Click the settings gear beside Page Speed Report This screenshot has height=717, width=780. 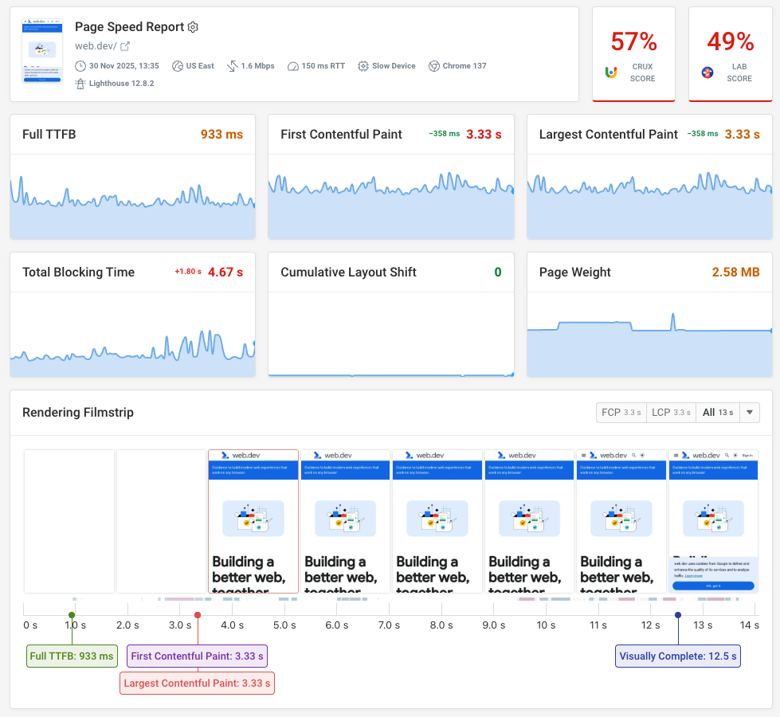coord(193,27)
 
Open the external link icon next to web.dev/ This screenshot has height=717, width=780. coord(125,47)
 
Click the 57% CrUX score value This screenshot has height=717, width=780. coord(633,41)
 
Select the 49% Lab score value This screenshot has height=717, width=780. coord(730,41)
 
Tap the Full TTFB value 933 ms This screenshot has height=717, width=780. coord(221,135)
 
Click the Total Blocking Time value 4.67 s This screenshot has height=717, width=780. coord(225,272)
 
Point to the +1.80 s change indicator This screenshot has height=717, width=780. coord(188,272)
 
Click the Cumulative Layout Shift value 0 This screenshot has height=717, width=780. coord(498,272)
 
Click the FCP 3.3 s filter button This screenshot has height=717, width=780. coord(621,413)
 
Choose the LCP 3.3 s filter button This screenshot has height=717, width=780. coord(671,413)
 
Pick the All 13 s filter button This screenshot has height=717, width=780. coord(717,413)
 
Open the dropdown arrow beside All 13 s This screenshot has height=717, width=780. coord(750,413)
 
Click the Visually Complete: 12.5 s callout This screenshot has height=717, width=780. coord(678,656)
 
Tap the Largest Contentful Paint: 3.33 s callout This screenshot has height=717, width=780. coord(197,683)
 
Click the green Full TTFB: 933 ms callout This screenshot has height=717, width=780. coord(72,656)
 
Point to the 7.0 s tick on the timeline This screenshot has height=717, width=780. coord(389,625)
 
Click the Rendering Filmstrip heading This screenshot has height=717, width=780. coord(78,413)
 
